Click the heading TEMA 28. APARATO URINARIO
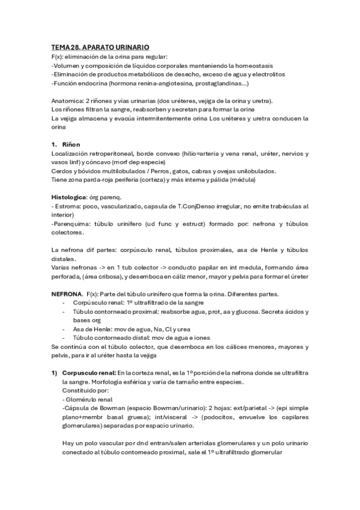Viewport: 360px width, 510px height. [x=100, y=47]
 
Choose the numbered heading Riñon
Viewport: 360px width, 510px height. [x=71, y=145]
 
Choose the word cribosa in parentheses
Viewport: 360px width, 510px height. [x=107, y=276]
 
